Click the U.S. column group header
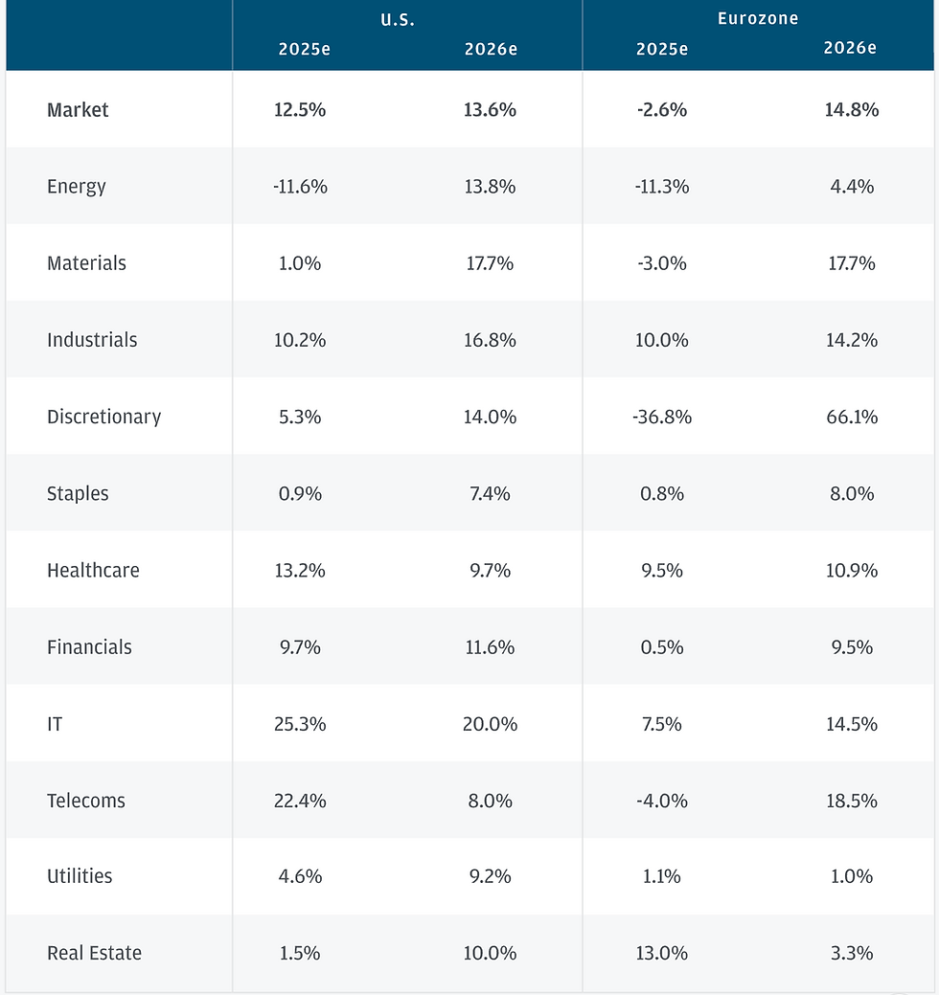[x=398, y=20]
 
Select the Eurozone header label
[x=757, y=18]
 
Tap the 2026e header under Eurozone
[x=850, y=48]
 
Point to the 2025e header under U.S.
[x=304, y=49]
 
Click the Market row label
[x=78, y=110]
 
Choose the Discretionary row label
[x=104, y=417]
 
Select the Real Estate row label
[x=94, y=953]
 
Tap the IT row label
[x=55, y=724]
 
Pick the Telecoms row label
[x=85, y=801]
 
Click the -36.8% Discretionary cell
[x=661, y=417]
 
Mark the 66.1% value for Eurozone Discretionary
[x=852, y=417]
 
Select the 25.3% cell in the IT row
[x=300, y=724]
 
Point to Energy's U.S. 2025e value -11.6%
[x=300, y=187]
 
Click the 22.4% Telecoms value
[x=300, y=801]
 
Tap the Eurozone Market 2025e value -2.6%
[x=661, y=110]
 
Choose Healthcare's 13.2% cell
[x=300, y=571]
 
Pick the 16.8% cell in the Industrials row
[x=490, y=340]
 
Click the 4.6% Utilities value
[x=300, y=876]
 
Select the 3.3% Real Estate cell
[x=852, y=953]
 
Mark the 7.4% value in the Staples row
[x=490, y=494]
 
